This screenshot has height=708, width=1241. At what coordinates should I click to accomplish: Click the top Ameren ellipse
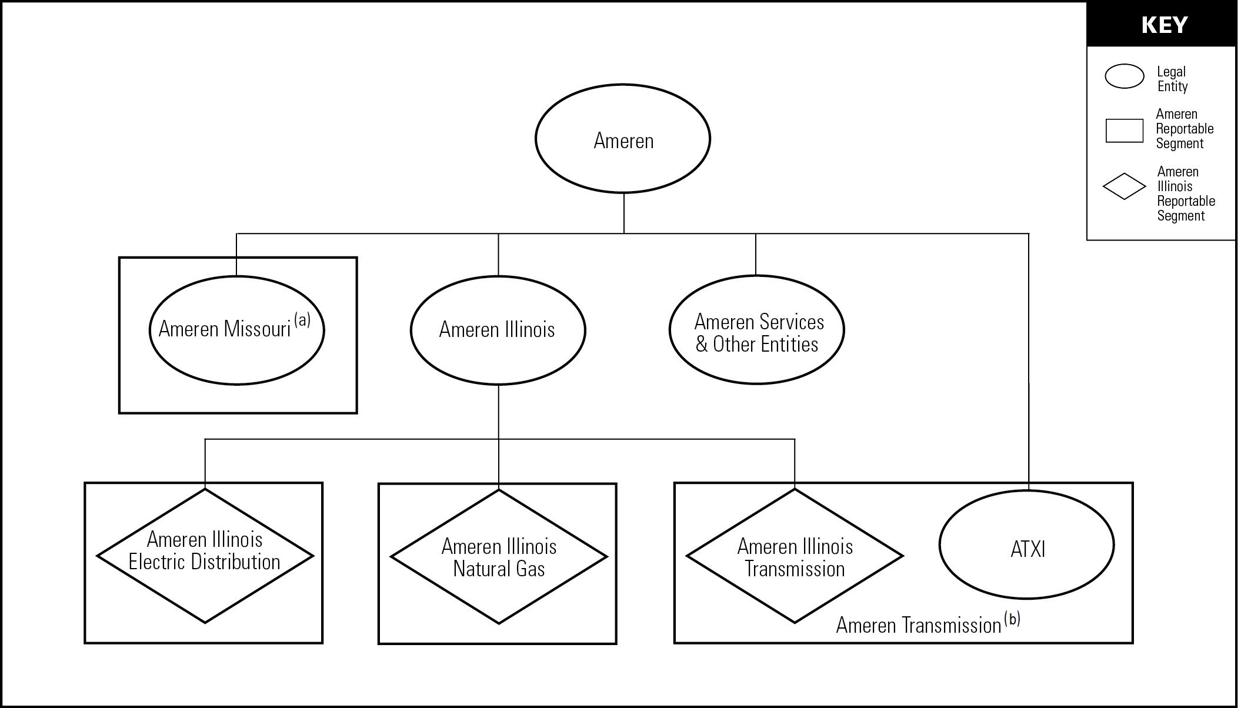(623, 139)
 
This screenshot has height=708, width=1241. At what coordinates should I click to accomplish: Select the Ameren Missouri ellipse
(236, 330)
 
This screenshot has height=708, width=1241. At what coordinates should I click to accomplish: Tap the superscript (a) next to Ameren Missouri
(302, 320)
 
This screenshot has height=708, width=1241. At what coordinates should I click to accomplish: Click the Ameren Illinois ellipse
(498, 330)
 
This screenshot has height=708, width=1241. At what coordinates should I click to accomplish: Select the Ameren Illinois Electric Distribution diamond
(205, 556)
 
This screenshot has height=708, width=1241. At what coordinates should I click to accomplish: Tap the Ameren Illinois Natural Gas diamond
(499, 557)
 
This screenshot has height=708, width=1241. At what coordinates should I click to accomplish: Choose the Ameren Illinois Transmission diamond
(795, 556)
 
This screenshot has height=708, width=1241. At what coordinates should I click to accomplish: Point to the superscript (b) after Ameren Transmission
(1012, 619)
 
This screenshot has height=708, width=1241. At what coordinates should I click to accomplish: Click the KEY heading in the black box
(1164, 25)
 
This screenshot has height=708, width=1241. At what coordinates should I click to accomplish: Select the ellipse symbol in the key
(1124, 76)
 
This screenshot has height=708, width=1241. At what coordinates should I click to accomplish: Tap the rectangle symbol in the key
(1124, 131)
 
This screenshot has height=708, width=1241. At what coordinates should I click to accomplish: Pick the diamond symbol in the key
(1124, 186)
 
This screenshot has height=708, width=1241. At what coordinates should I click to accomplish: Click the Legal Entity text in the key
(1172, 79)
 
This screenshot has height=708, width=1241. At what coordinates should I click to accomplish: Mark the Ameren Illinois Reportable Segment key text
(1185, 193)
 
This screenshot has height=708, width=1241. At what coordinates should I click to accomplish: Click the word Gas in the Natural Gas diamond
(532, 569)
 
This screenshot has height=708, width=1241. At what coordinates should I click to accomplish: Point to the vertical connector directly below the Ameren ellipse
(623, 213)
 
